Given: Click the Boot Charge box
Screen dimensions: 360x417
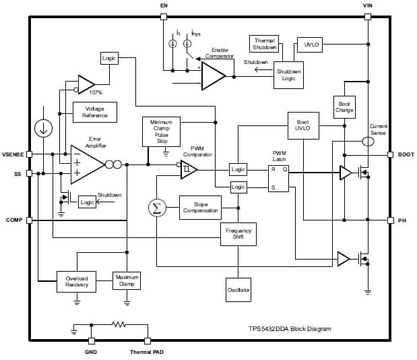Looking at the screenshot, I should pyautogui.click(x=344, y=107).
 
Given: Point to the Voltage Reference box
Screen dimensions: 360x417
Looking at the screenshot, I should pyautogui.click(x=94, y=112).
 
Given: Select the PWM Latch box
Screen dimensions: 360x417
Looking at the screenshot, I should pyautogui.click(x=280, y=178).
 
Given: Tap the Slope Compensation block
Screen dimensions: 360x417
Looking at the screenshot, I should pyautogui.click(x=200, y=207).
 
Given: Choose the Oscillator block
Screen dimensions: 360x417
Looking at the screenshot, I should pyautogui.click(x=238, y=290).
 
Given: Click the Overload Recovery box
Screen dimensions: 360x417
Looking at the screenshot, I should pyautogui.click(x=75, y=281).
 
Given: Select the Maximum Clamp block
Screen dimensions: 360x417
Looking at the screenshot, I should pyautogui.click(x=127, y=281).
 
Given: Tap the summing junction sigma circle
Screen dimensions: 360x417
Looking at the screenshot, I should pyautogui.click(x=156, y=208).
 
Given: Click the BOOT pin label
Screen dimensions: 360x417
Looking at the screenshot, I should pyautogui.click(x=406, y=154).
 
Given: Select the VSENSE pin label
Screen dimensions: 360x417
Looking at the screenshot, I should pyautogui.click(x=13, y=154).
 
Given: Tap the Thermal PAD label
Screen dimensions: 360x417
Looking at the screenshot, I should pyautogui.click(x=146, y=352).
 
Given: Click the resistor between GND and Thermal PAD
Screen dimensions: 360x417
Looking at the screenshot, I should pyautogui.click(x=119, y=325).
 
